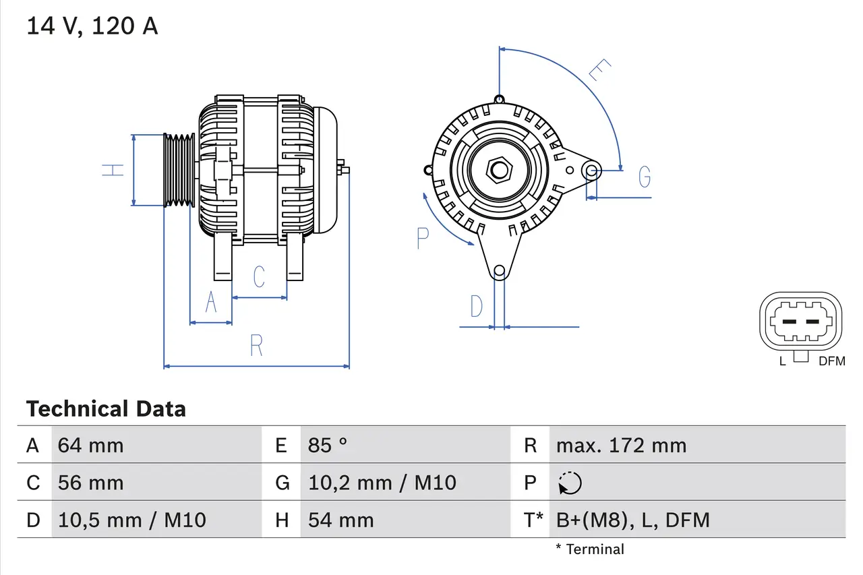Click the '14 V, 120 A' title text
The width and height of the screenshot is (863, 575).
coord(92,26)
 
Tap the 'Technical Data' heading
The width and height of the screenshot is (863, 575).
coord(106,409)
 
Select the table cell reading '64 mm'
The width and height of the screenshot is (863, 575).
coord(90,446)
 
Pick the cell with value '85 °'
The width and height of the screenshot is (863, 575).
coord(328,446)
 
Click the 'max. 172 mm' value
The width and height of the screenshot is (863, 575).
coord(621,446)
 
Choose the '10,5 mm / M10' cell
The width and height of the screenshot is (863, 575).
coord(132,520)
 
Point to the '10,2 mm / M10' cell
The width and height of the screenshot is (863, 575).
coord(382,483)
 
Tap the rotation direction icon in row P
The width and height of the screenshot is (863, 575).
coord(570,483)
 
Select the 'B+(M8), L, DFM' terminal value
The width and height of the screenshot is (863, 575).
coord(632,520)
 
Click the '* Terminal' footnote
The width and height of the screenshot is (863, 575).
coord(590,549)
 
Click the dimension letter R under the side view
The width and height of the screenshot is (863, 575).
coord(256,346)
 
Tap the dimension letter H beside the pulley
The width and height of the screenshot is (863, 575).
coord(114,170)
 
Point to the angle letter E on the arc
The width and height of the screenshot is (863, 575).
coord(599,70)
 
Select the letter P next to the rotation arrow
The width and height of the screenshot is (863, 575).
coord(423,238)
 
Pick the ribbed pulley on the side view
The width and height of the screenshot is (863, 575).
coord(179,169)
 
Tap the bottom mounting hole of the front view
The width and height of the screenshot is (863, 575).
coord(499,272)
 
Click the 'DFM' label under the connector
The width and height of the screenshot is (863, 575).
coord(831,361)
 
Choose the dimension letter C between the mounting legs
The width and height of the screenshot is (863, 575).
coord(259,276)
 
